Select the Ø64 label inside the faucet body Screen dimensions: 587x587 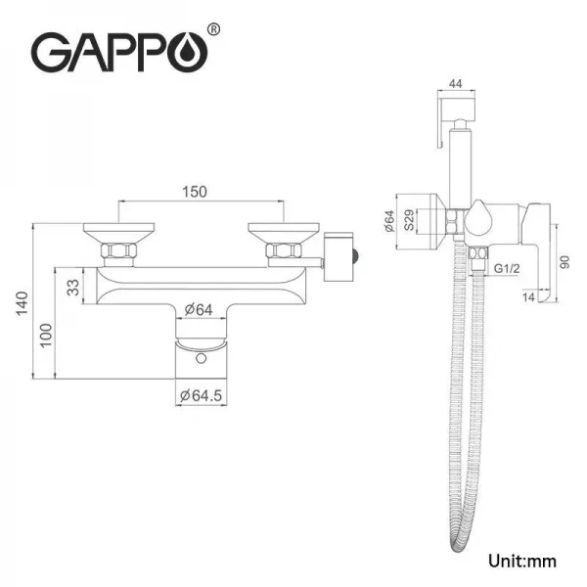201,311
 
